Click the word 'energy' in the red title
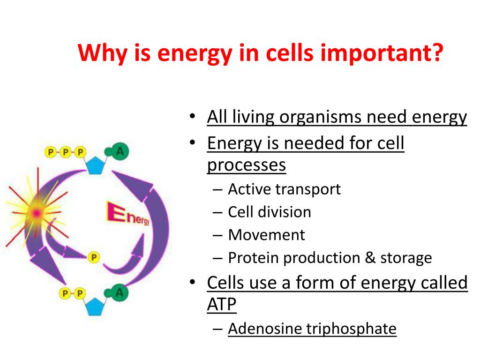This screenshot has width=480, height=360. click(195, 54)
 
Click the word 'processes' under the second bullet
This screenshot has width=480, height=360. click(247, 165)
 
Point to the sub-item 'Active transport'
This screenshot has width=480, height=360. click(285, 189)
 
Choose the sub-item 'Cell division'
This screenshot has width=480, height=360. click(270, 212)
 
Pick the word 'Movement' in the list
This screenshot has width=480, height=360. click(267, 235)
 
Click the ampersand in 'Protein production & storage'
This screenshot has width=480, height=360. click(370, 257)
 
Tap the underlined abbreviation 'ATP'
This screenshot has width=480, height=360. click(222, 305)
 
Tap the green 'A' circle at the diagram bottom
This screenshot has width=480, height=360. click(119, 292)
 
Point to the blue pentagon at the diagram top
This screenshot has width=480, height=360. click(95, 165)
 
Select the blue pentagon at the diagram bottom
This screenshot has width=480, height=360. click(95, 307)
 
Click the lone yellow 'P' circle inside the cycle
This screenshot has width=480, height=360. click(94, 257)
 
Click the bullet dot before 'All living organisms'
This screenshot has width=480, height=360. click(192, 116)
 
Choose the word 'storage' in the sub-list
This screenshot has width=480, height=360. click(406, 258)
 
